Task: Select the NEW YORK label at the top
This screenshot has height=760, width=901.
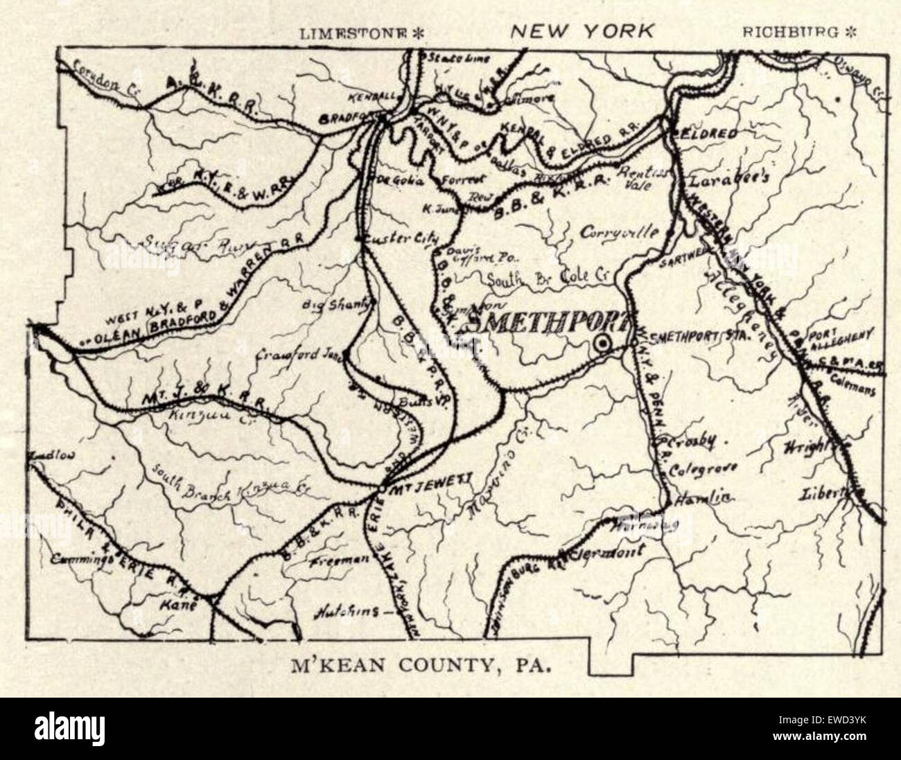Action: [x=581, y=30]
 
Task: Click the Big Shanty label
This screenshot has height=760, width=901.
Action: [x=329, y=304]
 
